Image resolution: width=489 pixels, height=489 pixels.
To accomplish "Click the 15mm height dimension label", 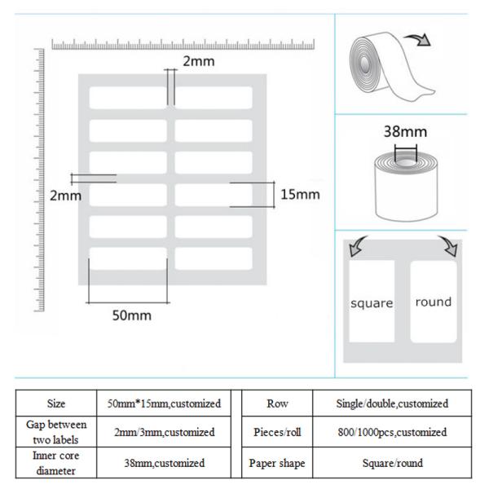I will click(300, 194).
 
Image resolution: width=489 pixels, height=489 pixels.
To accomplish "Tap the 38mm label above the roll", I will click(405, 131).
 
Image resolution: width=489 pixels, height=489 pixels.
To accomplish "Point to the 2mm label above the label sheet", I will click(197, 60).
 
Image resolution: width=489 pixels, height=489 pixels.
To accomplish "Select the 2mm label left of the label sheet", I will click(65, 196).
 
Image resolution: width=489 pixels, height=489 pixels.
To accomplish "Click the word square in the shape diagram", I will click(372, 303).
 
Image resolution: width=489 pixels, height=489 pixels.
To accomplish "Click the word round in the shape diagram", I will click(433, 302).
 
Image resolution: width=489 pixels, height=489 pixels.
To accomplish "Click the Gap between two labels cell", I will click(56, 431).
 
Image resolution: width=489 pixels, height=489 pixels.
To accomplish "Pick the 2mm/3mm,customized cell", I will click(161, 431).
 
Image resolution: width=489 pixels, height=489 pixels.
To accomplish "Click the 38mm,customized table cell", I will click(161, 462).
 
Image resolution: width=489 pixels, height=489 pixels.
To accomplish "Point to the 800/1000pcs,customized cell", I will click(392, 432).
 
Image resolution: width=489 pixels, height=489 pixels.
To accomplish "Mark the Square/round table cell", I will click(392, 462).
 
